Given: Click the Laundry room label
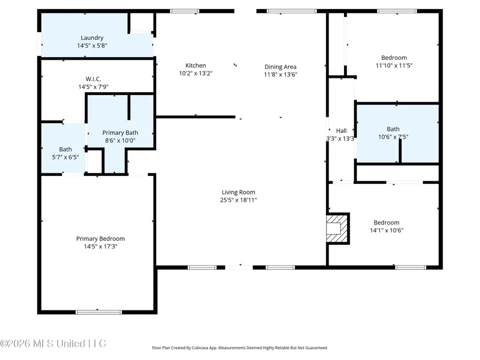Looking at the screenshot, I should coord(92,38).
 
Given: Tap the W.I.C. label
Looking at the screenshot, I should coord(93,79).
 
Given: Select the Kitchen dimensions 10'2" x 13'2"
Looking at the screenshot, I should coord(195,74).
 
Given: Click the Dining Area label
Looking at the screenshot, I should coord(281,67).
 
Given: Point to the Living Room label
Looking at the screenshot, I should coord(238,192).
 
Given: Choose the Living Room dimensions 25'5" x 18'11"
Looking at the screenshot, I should coord(238,200).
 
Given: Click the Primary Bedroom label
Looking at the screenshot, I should coord(100,238).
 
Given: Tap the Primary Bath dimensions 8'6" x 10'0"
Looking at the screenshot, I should coord(121,141).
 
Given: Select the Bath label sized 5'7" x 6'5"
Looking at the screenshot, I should coord(65,149).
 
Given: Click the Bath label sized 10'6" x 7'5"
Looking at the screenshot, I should coord(393,129).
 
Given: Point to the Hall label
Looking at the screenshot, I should coord(341,131).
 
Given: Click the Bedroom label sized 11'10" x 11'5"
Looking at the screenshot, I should coord(394,58).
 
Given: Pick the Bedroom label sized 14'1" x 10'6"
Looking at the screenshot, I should coord(386,222).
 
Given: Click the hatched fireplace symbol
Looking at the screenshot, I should coord(338,229).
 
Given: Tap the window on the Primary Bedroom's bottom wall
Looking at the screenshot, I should coord(99,312).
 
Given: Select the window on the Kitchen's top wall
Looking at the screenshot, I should coord(185,11).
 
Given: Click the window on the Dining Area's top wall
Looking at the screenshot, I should coord(284,11).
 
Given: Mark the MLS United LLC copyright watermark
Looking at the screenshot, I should coord(53,343).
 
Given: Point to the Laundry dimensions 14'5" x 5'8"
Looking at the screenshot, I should coord(92,46).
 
